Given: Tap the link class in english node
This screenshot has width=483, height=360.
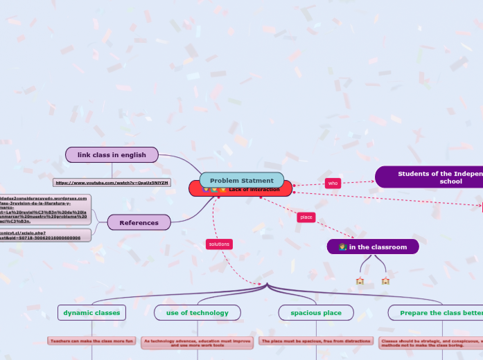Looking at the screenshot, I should [x=112, y=155].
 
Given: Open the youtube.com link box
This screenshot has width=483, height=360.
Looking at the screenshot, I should [x=112, y=183].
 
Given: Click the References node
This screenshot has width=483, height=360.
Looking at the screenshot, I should [x=139, y=222].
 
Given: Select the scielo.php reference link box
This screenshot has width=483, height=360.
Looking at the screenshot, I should [x=44, y=235].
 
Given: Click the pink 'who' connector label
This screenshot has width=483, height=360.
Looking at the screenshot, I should [x=333, y=183].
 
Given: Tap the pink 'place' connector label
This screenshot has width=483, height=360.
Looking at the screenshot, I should [x=306, y=217].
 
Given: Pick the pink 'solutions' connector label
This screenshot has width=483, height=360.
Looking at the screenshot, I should [x=219, y=244].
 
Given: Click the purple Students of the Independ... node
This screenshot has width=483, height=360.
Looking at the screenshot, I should [x=430, y=177].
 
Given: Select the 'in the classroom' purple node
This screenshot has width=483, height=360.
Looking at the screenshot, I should [x=373, y=247].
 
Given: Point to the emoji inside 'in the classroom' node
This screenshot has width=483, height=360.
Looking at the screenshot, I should [x=343, y=247].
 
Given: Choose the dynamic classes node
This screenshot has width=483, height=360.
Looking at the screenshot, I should [x=91, y=313].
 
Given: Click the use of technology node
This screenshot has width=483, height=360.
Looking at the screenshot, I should [x=197, y=313].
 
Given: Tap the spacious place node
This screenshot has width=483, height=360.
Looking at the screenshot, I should [x=316, y=313].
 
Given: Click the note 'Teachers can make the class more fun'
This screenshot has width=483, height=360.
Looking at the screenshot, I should [x=91, y=341].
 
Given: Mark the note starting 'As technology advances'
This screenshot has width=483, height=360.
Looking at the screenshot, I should [x=197, y=342].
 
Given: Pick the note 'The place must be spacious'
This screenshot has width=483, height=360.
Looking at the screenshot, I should [x=316, y=341].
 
